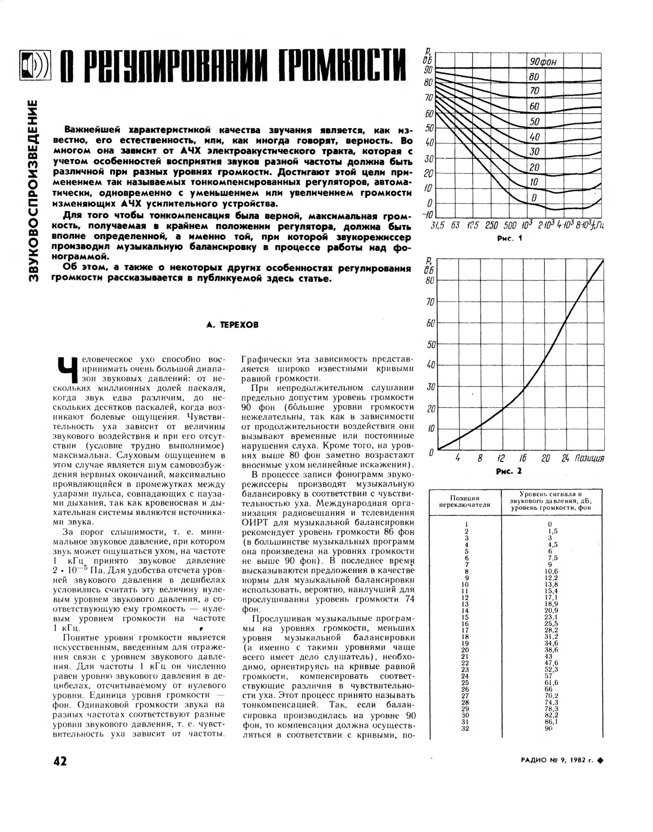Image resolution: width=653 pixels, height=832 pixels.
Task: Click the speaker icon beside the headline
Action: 35,65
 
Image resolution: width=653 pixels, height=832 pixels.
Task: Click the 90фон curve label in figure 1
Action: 543,62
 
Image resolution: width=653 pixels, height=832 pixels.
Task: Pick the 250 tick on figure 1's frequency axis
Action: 491,225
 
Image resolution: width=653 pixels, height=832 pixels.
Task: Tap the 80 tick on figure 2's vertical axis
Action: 429,280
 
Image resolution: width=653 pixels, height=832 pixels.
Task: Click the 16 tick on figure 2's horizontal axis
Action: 523,458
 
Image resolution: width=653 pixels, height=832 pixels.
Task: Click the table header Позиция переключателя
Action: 464,501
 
